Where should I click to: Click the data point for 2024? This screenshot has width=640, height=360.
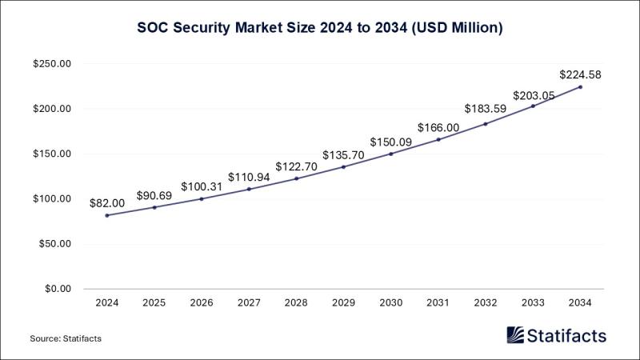107,215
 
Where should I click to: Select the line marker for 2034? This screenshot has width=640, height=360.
581,87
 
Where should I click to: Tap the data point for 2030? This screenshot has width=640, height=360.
391,154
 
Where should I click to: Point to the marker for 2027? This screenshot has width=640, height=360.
249,189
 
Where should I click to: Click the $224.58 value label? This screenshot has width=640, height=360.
580,74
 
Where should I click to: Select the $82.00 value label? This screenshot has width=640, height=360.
107,203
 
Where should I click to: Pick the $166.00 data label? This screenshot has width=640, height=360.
438,128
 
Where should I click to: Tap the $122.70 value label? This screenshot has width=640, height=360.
296,166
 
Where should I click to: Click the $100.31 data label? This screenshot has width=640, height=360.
202,186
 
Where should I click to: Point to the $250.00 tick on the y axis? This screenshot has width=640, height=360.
52,64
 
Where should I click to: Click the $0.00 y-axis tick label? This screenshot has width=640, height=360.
58,289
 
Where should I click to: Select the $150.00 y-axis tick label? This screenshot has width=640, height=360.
52,154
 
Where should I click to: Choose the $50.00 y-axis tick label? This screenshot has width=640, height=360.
54,244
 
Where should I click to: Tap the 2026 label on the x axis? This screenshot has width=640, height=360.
202,302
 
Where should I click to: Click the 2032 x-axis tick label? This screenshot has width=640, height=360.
486,302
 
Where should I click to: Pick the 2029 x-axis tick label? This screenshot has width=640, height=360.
344,302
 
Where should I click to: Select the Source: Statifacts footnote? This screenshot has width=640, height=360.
66,338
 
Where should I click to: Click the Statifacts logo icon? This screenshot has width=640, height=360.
515,335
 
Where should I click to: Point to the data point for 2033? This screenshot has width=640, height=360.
533,106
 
